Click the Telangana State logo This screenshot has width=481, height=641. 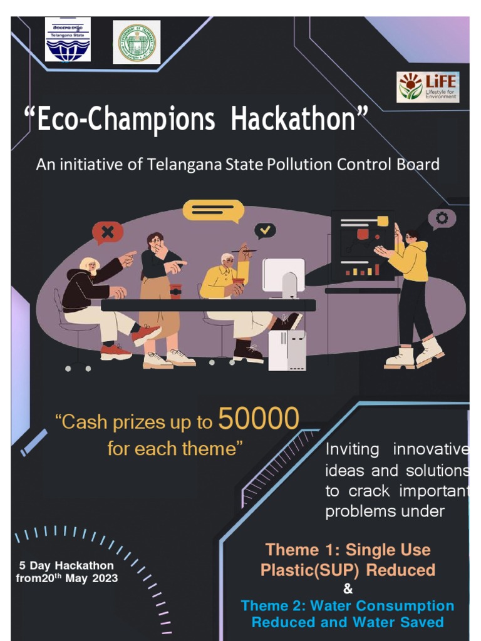coord(68,40)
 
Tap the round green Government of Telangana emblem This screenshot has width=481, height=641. coord(137,42)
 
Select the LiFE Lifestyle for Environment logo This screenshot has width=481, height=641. coord(428,87)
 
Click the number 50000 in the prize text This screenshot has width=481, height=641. coord(259,420)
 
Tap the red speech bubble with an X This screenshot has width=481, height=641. coord(108,233)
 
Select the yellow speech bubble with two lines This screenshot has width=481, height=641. coord(212,211)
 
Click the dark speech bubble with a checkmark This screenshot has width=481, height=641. coord(266,230)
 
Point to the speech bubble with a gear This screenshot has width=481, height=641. coord(442,219)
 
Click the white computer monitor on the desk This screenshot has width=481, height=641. coord(284,275)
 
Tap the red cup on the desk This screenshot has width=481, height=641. coord(175,291)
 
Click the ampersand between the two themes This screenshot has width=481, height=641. coord(348,589)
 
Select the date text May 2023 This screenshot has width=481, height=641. coord(94,578)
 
